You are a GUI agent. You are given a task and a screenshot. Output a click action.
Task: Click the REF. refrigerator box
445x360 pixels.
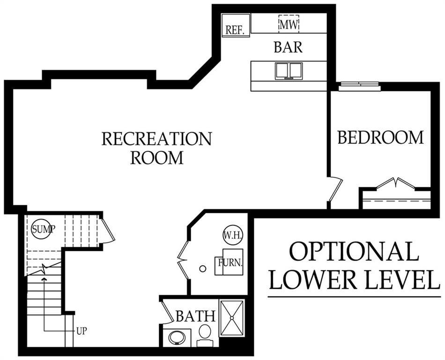click(x=236, y=25)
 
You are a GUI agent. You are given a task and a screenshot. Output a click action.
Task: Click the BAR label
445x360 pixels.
click(x=288, y=47)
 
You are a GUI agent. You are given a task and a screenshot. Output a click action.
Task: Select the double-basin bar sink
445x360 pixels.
click(x=289, y=71)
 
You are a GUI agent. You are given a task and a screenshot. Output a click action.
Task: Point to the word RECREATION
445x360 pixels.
click(x=156, y=139)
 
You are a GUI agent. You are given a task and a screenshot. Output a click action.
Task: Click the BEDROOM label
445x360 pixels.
click(x=380, y=137)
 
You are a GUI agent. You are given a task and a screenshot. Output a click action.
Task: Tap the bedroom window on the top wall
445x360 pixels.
click(x=360, y=86)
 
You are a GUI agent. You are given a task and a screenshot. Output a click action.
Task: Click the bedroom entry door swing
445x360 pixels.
click(x=335, y=189)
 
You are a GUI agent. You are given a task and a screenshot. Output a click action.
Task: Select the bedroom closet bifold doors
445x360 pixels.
click(x=396, y=183)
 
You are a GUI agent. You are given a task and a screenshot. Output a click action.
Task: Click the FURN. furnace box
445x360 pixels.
click(x=229, y=262)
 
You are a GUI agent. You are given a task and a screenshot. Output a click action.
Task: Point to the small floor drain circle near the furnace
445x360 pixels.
click(x=203, y=269)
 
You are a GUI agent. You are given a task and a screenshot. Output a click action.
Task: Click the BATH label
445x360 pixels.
click(x=195, y=316)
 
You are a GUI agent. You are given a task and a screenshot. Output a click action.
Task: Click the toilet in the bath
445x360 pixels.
click(x=205, y=336)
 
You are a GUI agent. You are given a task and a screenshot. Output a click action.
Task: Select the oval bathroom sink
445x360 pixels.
click(x=177, y=337)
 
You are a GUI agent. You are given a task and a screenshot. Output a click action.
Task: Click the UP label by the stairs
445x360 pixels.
click(x=82, y=331)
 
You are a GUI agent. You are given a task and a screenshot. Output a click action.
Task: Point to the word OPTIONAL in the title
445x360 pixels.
click(x=354, y=251)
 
